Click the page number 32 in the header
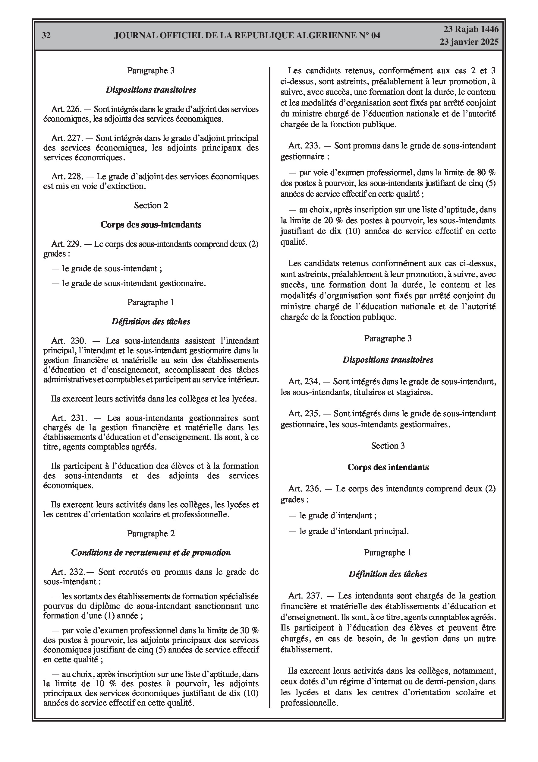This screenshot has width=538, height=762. (46, 36)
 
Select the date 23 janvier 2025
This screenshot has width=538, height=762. (469, 42)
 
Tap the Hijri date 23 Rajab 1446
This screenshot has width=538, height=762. (471, 29)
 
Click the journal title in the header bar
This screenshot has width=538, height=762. (247, 36)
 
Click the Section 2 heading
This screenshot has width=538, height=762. (151, 205)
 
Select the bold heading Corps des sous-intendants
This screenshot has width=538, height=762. (151, 225)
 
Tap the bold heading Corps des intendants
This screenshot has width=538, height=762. (388, 467)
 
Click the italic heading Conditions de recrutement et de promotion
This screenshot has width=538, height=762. (151, 553)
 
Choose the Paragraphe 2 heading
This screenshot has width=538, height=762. (151, 533)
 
